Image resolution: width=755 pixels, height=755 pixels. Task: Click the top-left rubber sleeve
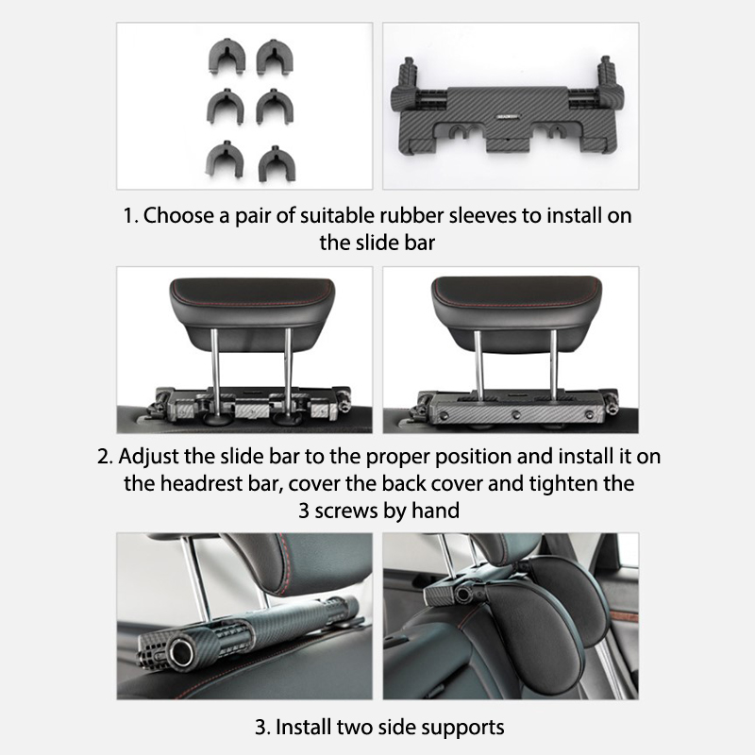pos(227,57)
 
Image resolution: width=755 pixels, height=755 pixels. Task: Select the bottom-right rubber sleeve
pos(277,163)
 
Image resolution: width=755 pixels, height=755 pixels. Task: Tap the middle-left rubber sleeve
pos(226,107)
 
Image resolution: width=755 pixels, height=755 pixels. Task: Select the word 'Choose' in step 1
pos(178,215)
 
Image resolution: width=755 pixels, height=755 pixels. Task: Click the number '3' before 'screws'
pos(304,511)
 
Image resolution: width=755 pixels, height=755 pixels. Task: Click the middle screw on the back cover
pos(516,413)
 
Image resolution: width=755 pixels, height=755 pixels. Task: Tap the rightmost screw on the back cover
pos(589,414)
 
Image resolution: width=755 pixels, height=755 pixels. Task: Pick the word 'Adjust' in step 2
pos(147,457)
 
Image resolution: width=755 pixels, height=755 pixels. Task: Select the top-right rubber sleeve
pos(275,57)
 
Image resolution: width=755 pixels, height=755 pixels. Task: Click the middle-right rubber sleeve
pos(275,107)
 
